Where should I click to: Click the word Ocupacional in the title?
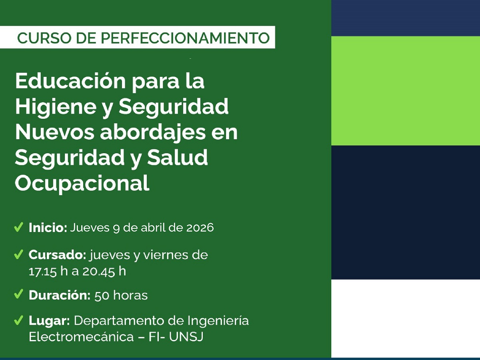point(82,184)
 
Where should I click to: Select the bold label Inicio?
point(48,228)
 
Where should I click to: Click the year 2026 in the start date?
point(200,228)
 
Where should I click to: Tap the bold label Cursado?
point(58,255)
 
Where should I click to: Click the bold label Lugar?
point(50,321)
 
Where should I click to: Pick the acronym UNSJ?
point(186,337)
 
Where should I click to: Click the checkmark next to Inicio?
point(18,228)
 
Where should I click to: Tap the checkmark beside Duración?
point(18,295)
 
